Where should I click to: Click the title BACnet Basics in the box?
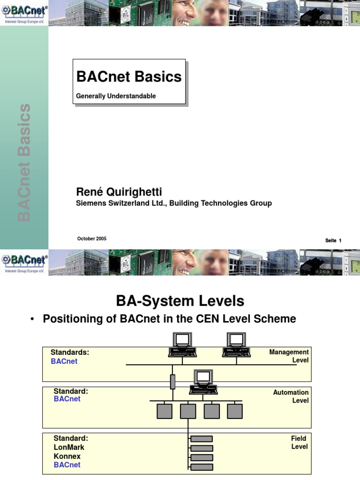[129, 76]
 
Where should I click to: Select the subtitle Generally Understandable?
[116, 96]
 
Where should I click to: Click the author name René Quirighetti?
[119, 192]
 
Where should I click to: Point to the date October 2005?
[92, 239]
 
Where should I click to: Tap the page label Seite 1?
[333, 240]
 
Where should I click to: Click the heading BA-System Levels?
[180, 300]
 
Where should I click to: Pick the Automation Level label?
[291, 397]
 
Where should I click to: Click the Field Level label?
[299, 442]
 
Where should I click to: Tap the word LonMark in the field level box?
[69, 447]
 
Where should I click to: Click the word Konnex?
[67, 456]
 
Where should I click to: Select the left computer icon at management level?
[182, 345]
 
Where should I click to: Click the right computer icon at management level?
[236, 345]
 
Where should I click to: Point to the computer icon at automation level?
[203, 382]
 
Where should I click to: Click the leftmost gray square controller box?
[164, 411]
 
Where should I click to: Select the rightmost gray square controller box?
[235, 411]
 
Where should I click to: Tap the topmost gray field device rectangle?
[202, 439]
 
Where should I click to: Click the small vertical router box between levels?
[172, 382]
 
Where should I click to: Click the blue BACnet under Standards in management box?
[64, 361]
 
